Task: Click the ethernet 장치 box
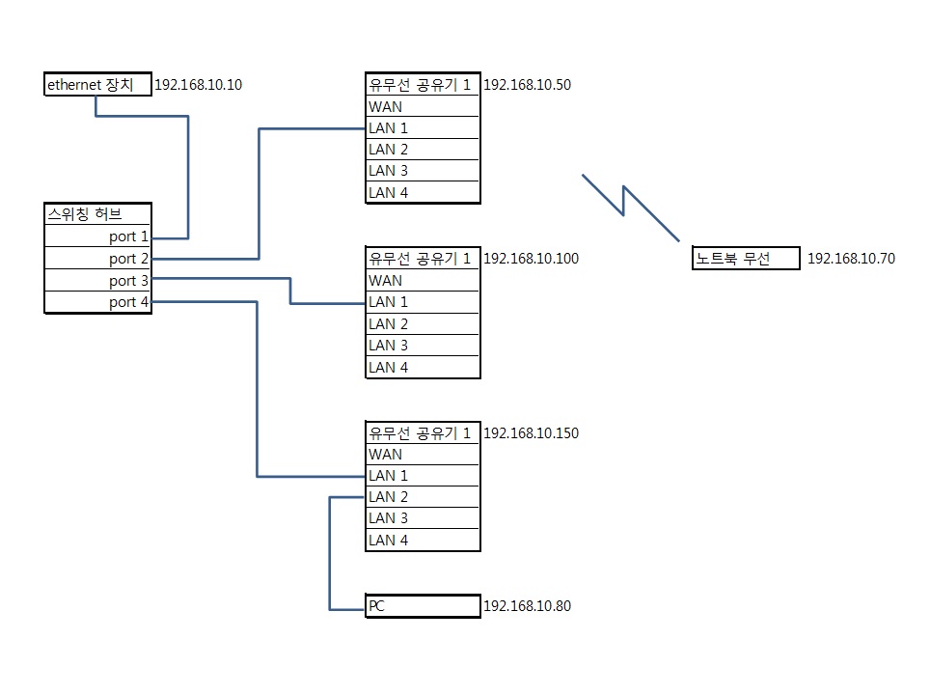click(97, 84)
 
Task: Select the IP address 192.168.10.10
click(198, 85)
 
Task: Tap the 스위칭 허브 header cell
click(97, 213)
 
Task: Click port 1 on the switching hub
click(97, 236)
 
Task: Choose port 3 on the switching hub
click(97, 281)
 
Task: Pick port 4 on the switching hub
click(97, 302)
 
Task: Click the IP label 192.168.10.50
click(528, 85)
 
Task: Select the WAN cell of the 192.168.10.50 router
click(423, 107)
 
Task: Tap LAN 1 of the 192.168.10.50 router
click(423, 128)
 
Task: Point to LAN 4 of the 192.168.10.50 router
click(423, 193)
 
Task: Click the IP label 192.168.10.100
click(531, 259)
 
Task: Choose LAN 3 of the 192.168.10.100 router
click(423, 346)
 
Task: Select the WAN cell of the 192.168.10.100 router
click(423, 281)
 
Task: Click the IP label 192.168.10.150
click(531, 433)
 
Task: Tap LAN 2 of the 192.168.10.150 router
click(423, 497)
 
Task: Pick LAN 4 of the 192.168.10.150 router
click(423, 541)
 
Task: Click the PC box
click(423, 606)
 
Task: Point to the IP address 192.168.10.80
click(528, 606)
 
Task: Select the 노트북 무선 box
click(746, 259)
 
